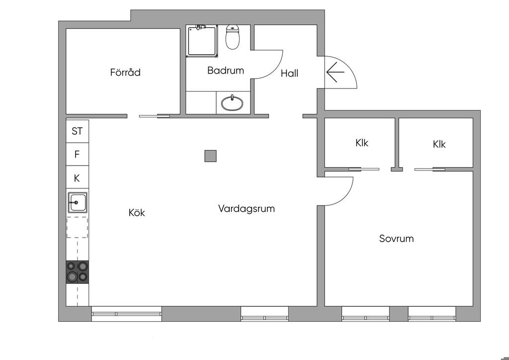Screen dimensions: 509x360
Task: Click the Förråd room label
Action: [125, 72]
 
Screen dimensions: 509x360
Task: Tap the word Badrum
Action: [226, 71]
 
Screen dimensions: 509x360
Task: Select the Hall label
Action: [290, 74]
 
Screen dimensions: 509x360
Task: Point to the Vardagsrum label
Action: [247, 208]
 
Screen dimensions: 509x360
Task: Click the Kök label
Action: [137, 213]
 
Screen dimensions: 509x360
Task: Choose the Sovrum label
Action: [396, 239]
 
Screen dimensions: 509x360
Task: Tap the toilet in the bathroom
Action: [232, 37]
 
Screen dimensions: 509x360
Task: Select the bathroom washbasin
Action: [232, 103]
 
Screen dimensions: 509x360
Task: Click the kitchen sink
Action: [77, 202]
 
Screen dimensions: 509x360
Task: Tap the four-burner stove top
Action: [77, 271]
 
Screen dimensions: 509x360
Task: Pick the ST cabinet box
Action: [77, 131]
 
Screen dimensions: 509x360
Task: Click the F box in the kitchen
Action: [77, 154]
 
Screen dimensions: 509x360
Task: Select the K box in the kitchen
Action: [77, 178]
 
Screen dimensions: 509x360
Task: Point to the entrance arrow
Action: [335, 72]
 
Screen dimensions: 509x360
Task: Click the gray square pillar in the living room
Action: [210, 156]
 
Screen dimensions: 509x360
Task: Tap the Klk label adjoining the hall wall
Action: [362, 143]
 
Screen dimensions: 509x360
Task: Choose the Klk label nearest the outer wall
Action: [439, 144]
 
